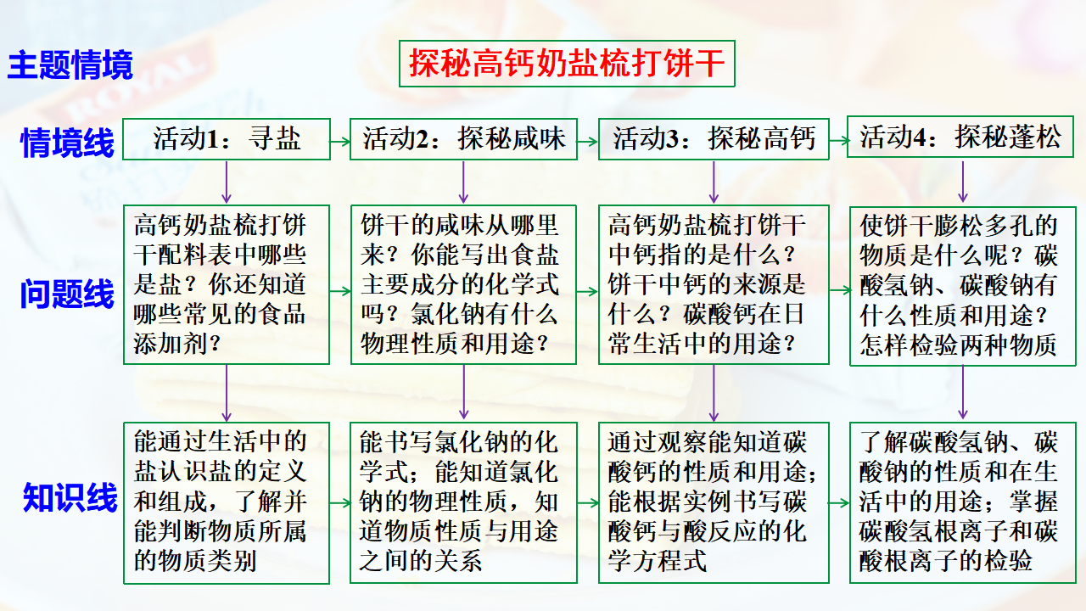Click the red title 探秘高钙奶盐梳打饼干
[x=567, y=64]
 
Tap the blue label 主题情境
[x=70, y=64]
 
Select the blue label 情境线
[x=67, y=142]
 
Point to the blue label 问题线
[x=67, y=294]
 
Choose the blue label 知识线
[x=70, y=497]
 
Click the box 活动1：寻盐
[x=227, y=139]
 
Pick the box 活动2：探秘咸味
[x=463, y=139]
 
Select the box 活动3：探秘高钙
[x=714, y=139]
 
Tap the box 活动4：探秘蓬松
[x=960, y=137]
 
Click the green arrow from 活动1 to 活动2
[x=340, y=142]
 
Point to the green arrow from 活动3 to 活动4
[x=839, y=141]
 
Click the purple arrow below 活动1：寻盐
[x=227, y=182]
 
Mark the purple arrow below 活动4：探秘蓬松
[x=963, y=182]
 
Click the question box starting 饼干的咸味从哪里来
[x=463, y=284]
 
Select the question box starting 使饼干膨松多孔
[x=963, y=286]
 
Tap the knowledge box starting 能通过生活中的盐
[x=227, y=503]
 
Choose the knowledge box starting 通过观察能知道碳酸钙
[x=714, y=503]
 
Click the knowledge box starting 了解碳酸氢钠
[x=963, y=503]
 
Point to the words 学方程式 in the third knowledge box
[x=658, y=561]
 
